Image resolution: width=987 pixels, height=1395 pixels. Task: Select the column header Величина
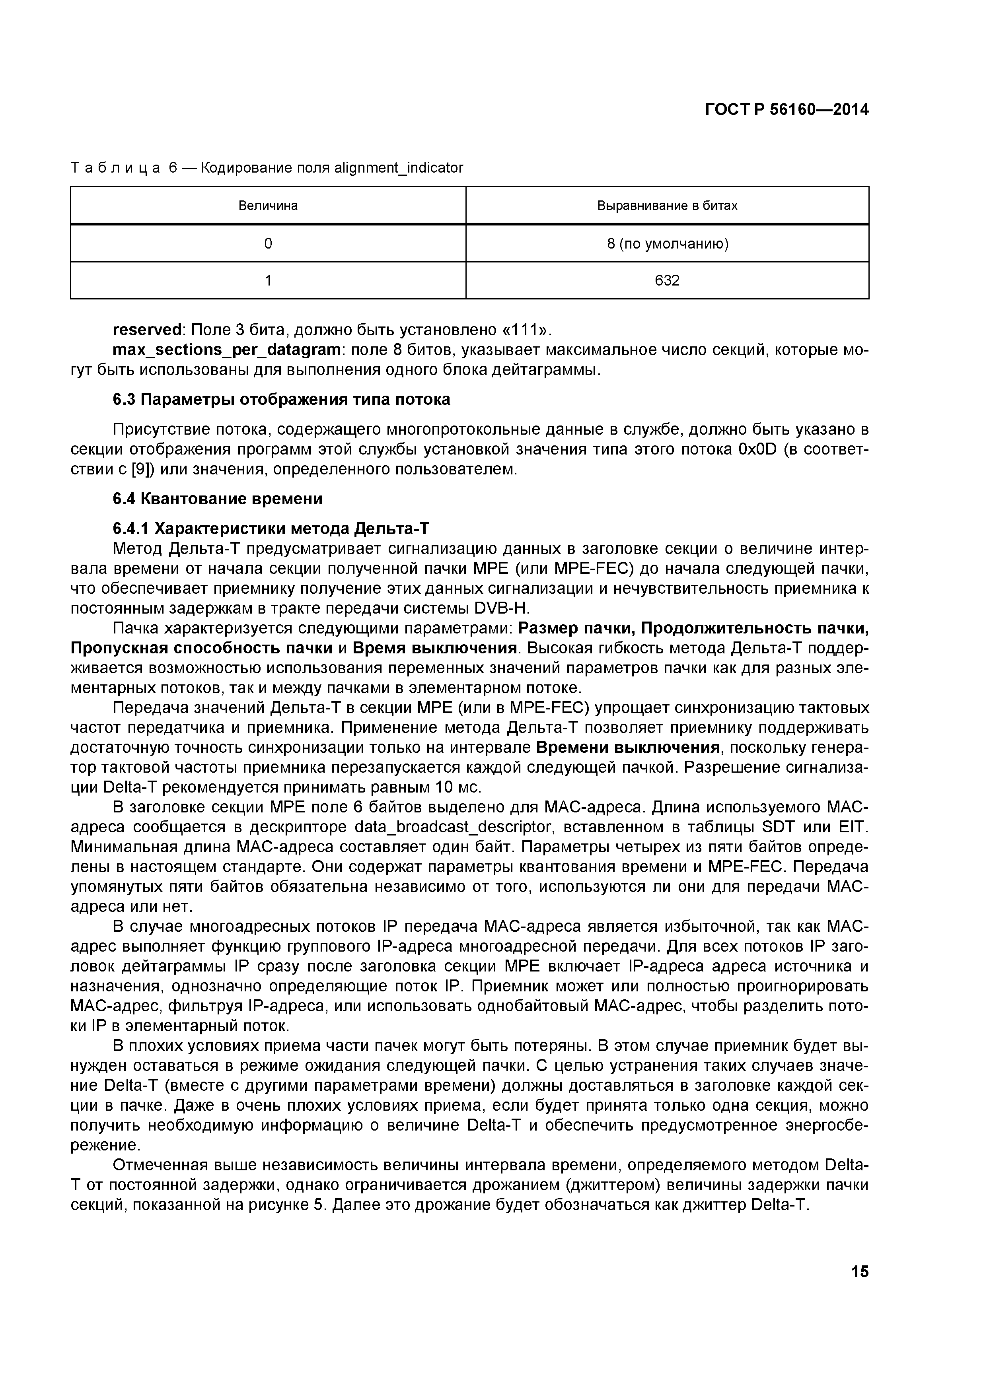[x=268, y=205]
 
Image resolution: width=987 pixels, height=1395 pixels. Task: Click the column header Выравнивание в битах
[x=667, y=205]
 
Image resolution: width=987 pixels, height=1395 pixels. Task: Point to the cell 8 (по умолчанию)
[x=667, y=244]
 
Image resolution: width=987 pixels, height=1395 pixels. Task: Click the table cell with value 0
[x=268, y=244]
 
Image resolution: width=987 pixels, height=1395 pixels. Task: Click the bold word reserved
[x=148, y=330]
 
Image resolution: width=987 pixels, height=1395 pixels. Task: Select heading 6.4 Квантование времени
[x=218, y=498]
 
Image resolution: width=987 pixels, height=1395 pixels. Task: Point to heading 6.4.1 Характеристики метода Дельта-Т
[x=271, y=528]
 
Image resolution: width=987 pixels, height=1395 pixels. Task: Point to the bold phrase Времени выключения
[x=629, y=747]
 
